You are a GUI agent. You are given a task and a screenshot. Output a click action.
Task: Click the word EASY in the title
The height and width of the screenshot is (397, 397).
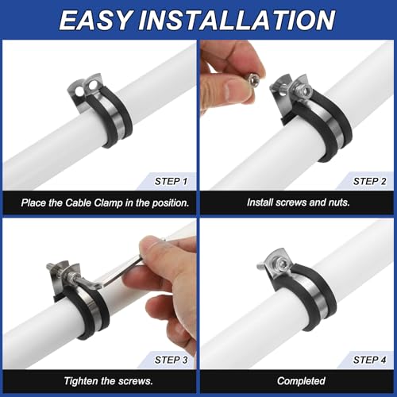tap(95, 21)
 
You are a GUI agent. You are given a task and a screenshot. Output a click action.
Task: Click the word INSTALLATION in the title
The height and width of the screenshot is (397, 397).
tap(237, 21)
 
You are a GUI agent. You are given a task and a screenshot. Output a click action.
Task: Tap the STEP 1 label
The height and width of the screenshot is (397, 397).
tap(171, 182)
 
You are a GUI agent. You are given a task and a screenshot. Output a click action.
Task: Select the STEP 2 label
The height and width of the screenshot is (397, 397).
tap(369, 182)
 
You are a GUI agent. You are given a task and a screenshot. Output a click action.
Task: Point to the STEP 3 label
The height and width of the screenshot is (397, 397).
tap(172, 360)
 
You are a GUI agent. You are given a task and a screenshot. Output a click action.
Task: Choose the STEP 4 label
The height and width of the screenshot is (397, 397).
tap(369, 360)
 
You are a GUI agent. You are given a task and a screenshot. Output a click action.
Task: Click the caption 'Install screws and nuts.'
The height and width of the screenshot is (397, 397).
tap(299, 202)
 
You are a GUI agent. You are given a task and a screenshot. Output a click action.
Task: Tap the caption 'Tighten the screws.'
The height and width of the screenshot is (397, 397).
tap(109, 381)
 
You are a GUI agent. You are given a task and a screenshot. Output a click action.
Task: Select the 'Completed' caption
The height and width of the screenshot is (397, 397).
tap(301, 381)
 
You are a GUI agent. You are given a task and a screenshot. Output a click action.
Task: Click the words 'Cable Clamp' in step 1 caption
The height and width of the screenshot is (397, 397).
tap(94, 203)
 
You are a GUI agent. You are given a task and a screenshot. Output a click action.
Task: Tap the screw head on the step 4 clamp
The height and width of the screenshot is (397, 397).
tap(281, 263)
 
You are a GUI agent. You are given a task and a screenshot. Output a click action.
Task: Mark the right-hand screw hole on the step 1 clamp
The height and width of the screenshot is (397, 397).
tap(92, 86)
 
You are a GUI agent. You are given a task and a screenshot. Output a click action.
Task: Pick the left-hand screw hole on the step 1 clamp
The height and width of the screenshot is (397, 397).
tap(79, 91)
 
